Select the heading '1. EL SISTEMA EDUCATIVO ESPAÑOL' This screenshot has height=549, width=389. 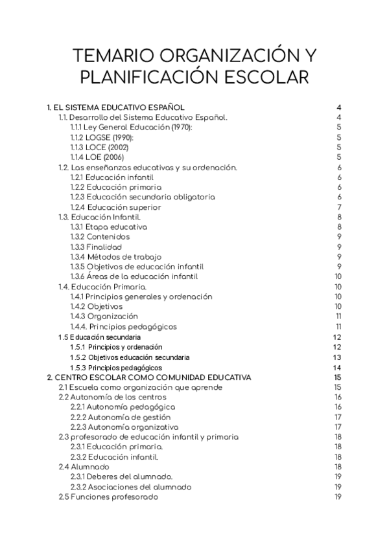tap(117, 107)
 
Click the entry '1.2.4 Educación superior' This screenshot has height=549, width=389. tap(115, 207)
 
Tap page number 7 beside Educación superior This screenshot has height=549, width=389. tap(339, 207)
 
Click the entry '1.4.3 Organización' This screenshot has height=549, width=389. tap(104, 317)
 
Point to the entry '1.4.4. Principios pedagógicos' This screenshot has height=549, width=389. tap(123, 327)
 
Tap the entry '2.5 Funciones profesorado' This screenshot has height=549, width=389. tap(108, 497)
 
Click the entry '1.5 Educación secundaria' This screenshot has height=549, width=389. tap(99, 337)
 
